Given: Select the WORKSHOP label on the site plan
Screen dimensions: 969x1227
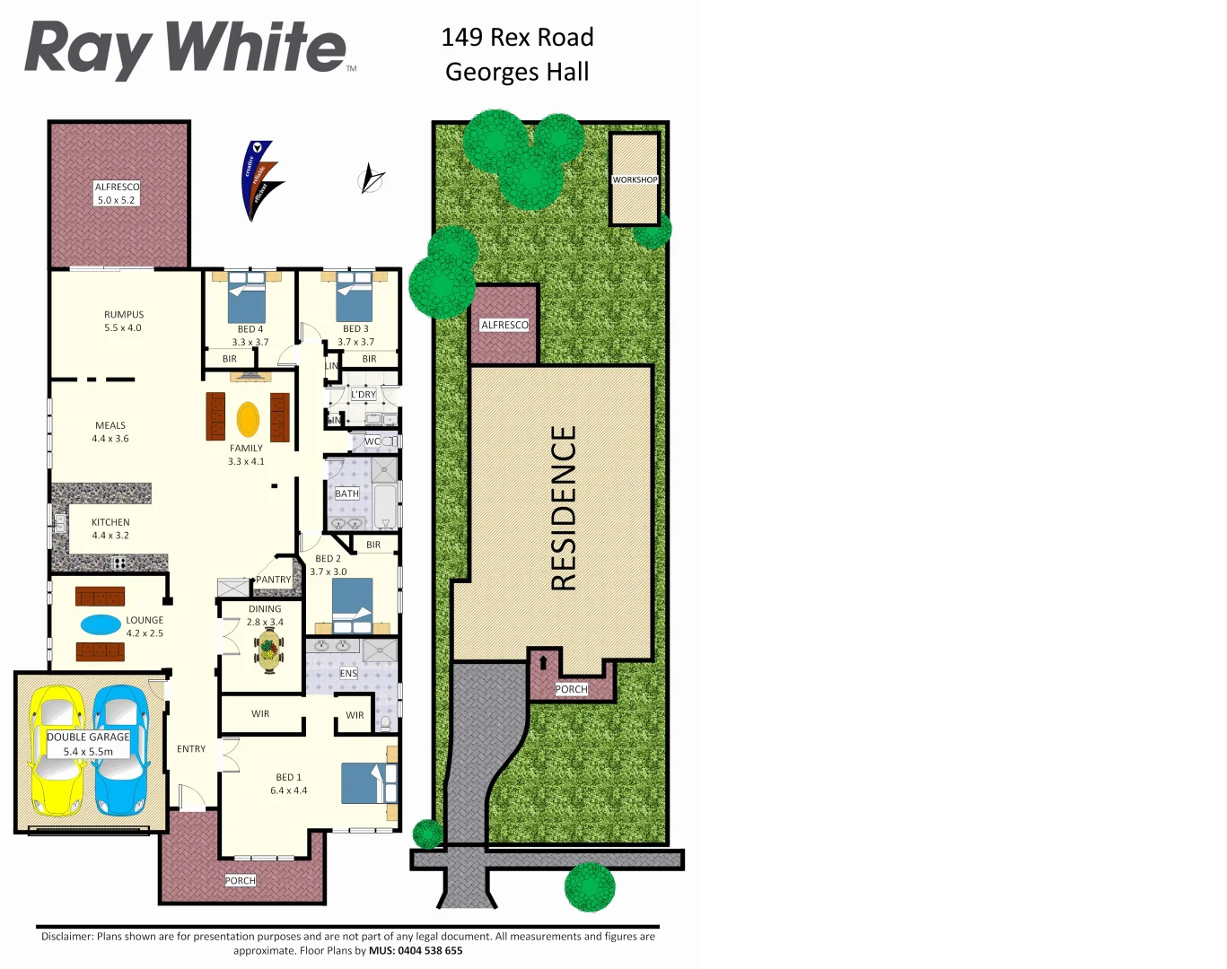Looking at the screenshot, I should pos(635,179).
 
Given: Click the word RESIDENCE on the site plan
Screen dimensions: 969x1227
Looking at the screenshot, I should pos(563,508).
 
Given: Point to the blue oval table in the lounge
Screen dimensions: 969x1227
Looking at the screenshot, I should pos(101,624).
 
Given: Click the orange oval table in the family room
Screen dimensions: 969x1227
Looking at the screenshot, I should pos(248,419).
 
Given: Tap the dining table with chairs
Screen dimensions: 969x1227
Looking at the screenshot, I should pos(268,650).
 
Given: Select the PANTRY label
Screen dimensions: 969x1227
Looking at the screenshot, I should pos(273,580).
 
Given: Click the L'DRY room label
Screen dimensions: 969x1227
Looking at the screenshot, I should pos(364,395).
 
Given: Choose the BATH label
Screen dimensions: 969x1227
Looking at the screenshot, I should pos(346,493).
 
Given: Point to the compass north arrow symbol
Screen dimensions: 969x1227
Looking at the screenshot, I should pos(371,179).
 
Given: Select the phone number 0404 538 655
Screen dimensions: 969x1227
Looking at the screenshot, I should pos(430,951).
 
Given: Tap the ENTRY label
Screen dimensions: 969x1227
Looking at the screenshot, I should pos(191,748).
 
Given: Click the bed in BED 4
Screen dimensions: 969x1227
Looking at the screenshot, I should pos(248,296).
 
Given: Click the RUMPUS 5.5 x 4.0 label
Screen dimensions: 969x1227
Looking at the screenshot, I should pos(123,321).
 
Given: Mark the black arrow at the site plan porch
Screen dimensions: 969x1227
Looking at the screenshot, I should pos(543,663).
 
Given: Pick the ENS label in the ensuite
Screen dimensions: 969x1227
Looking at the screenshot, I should pos(348,673).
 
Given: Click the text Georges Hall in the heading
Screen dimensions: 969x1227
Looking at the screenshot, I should pos(517,72).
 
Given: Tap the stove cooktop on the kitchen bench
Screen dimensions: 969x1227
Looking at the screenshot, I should pos(118,563).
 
